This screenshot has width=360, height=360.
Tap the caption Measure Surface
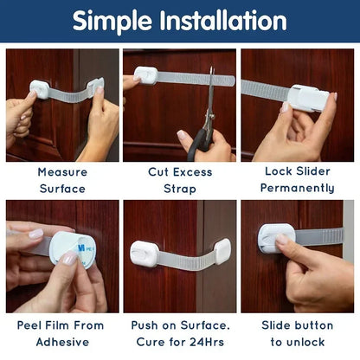[62, 180]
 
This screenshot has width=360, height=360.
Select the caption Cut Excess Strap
[180, 180]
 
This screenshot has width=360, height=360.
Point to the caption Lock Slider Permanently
[298, 180]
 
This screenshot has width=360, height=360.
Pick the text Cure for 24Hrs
[180, 342]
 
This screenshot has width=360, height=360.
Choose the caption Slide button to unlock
[298, 334]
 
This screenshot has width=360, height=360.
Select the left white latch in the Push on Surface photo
[144, 254]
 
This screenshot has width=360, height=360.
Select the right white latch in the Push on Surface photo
[221, 251]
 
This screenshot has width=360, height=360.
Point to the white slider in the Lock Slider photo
[306, 97]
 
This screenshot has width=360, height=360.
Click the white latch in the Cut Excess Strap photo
[145, 75]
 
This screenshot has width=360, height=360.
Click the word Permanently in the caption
[298, 188]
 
